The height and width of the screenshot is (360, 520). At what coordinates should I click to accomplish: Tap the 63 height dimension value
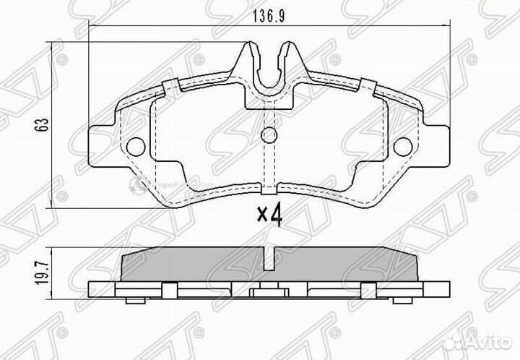point(44,125)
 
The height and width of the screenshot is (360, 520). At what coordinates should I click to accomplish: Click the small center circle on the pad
point(268,134)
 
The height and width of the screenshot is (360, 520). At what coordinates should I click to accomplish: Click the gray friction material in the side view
point(195,266)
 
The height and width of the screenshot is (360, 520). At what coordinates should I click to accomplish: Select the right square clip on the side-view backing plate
point(370,290)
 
